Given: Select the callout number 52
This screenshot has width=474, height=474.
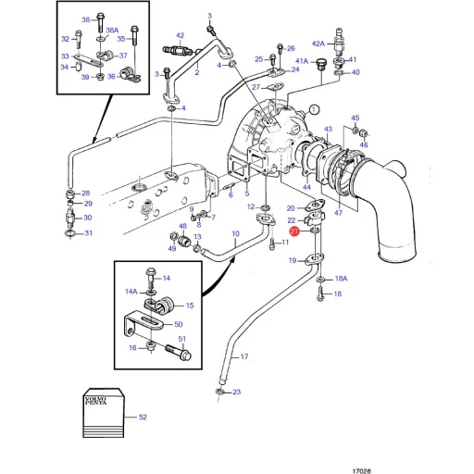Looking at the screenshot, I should point(142,418).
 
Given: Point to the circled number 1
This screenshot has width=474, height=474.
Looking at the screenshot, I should point(314,108).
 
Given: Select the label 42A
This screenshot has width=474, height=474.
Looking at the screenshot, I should point(318,44).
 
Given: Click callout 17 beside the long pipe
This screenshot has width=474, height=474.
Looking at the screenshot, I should point(244,357).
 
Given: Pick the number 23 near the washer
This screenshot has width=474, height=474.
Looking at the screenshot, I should point(236,393).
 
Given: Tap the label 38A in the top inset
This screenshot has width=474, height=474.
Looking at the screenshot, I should point(112,31).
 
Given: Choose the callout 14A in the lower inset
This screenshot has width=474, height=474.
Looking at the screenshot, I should point(131,292).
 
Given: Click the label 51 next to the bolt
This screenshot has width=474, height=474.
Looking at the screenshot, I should point(182,340).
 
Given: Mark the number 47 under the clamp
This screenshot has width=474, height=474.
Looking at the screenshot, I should point(338,213).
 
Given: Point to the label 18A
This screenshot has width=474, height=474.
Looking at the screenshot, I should point(341,279).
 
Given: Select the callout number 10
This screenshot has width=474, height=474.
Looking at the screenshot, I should point(235,233).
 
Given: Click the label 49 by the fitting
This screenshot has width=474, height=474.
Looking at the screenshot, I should point(172,249).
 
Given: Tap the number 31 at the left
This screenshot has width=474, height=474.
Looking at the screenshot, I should point(89,232).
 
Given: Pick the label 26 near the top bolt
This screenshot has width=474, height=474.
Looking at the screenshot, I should point(290,48).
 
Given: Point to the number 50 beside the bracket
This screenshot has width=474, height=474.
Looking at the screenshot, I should point(178,324).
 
